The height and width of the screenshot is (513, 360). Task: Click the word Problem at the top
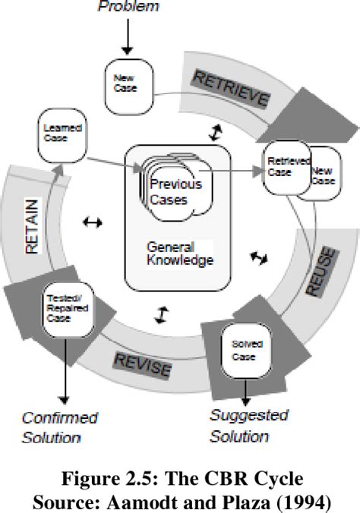(128, 7)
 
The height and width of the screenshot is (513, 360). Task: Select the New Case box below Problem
(128, 80)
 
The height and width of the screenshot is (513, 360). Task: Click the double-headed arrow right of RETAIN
(93, 222)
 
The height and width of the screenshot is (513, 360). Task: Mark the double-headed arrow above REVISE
(160, 314)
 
